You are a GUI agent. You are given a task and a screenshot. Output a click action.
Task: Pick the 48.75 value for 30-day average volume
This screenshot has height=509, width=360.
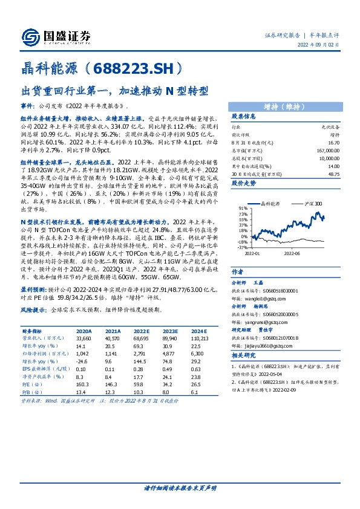332,175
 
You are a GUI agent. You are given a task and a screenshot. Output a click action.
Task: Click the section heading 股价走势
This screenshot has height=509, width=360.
244,182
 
